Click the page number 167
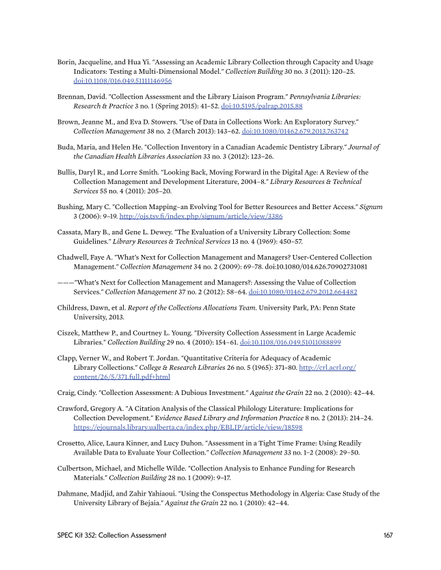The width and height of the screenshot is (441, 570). coord(388,535)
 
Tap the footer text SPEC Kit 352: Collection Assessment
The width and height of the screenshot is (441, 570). coord(111,535)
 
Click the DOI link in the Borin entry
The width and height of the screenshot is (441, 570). coord(122,81)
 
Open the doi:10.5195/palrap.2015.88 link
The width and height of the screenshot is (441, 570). coord(265,107)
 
